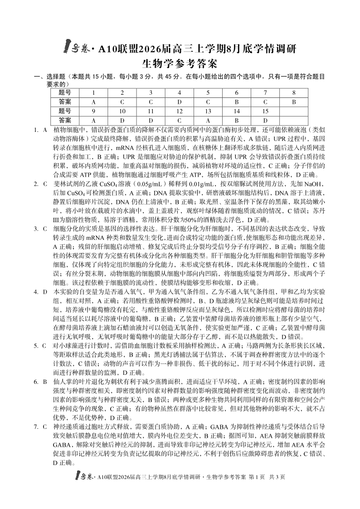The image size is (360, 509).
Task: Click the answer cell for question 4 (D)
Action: pos(180,102)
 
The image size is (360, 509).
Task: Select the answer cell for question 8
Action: pos(294,102)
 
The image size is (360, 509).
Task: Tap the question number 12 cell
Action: pos(180,111)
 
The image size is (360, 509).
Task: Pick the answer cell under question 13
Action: pos(208,120)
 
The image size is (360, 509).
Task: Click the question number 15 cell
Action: pos(265,111)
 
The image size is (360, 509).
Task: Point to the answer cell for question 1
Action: pos(93,102)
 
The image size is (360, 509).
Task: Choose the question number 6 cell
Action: pos(237,92)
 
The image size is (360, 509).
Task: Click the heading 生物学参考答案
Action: pos(180,63)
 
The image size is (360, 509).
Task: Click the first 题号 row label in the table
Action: pos(65,92)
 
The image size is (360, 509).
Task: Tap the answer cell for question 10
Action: pos(122,120)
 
